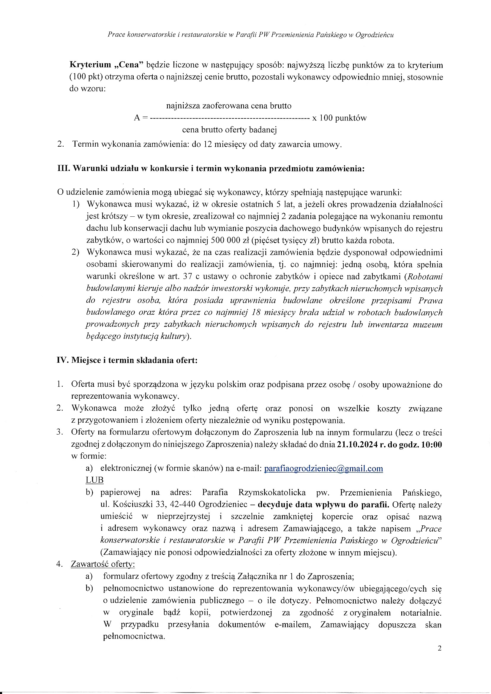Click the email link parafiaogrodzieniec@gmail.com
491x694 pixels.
click(x=323, y=468)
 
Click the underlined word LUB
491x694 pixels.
click(x=94, y=480)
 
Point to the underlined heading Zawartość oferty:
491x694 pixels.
click(x=103, y=564)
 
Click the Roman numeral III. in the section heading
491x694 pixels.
click(x=64, y=169)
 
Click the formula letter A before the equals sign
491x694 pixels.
click(x=137, y=118)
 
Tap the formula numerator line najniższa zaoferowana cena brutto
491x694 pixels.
click(x=229, y=106)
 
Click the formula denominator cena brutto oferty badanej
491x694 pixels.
click(x=229, y=130)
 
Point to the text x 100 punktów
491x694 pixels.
click(x=339, y=118)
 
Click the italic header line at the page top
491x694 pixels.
click(x=250, y=35)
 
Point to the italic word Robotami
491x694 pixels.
click(x=425, y=277)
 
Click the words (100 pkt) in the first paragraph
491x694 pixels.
click(x=86, y=77)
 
